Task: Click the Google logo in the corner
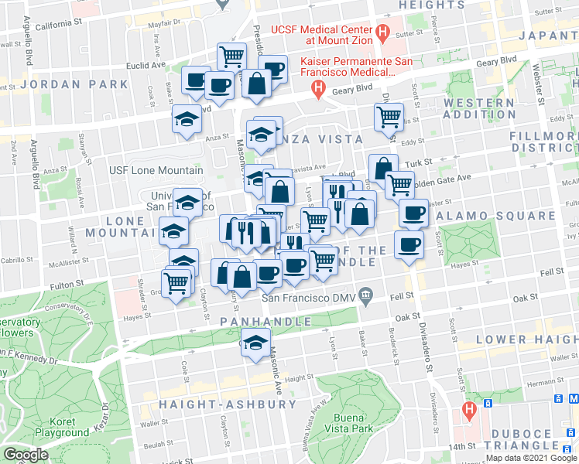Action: tap(26, 455)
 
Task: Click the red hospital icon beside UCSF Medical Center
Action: tap(382, 32)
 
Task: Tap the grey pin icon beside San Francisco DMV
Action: tap(367, 295)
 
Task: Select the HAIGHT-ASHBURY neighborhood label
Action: tap(228, 404)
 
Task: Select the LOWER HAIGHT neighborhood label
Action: tap(526, 339)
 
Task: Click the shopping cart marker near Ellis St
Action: tap(389, 118)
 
